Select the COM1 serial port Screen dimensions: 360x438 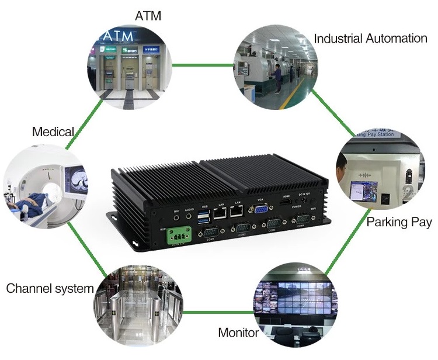[208, 232]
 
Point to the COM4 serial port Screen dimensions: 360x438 [303, 220]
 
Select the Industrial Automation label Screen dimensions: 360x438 [370, 39]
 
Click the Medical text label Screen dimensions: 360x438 [53, 131]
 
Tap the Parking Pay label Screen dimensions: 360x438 [399, 222]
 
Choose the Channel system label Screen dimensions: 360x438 [50, 288]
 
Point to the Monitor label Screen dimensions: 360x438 [238, 333]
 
